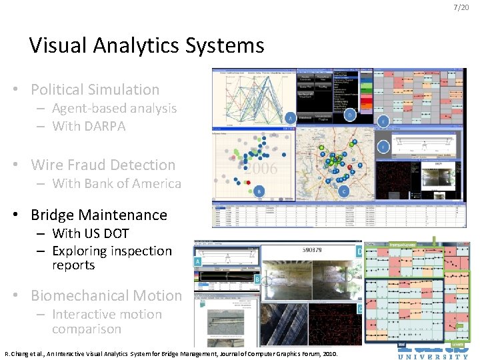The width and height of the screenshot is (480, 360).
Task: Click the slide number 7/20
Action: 461,7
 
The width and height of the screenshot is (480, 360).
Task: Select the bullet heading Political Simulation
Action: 95,89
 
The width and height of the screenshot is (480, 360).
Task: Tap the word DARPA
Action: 105,126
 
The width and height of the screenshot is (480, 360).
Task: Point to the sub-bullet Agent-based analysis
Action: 114,108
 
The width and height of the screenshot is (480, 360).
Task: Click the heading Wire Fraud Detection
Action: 103,165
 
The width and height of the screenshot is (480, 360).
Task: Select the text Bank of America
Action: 133,183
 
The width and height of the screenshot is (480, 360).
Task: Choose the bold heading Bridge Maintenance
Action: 99,215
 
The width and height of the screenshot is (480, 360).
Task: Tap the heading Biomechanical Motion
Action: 106,295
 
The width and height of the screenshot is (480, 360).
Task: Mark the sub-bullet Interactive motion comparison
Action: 107,321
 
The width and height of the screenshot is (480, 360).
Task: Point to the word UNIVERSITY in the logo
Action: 433,356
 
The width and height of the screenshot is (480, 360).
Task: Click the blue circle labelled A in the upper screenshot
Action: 290,118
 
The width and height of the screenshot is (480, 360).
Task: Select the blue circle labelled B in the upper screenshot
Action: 259,191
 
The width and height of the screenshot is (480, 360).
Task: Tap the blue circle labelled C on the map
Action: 344,191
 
